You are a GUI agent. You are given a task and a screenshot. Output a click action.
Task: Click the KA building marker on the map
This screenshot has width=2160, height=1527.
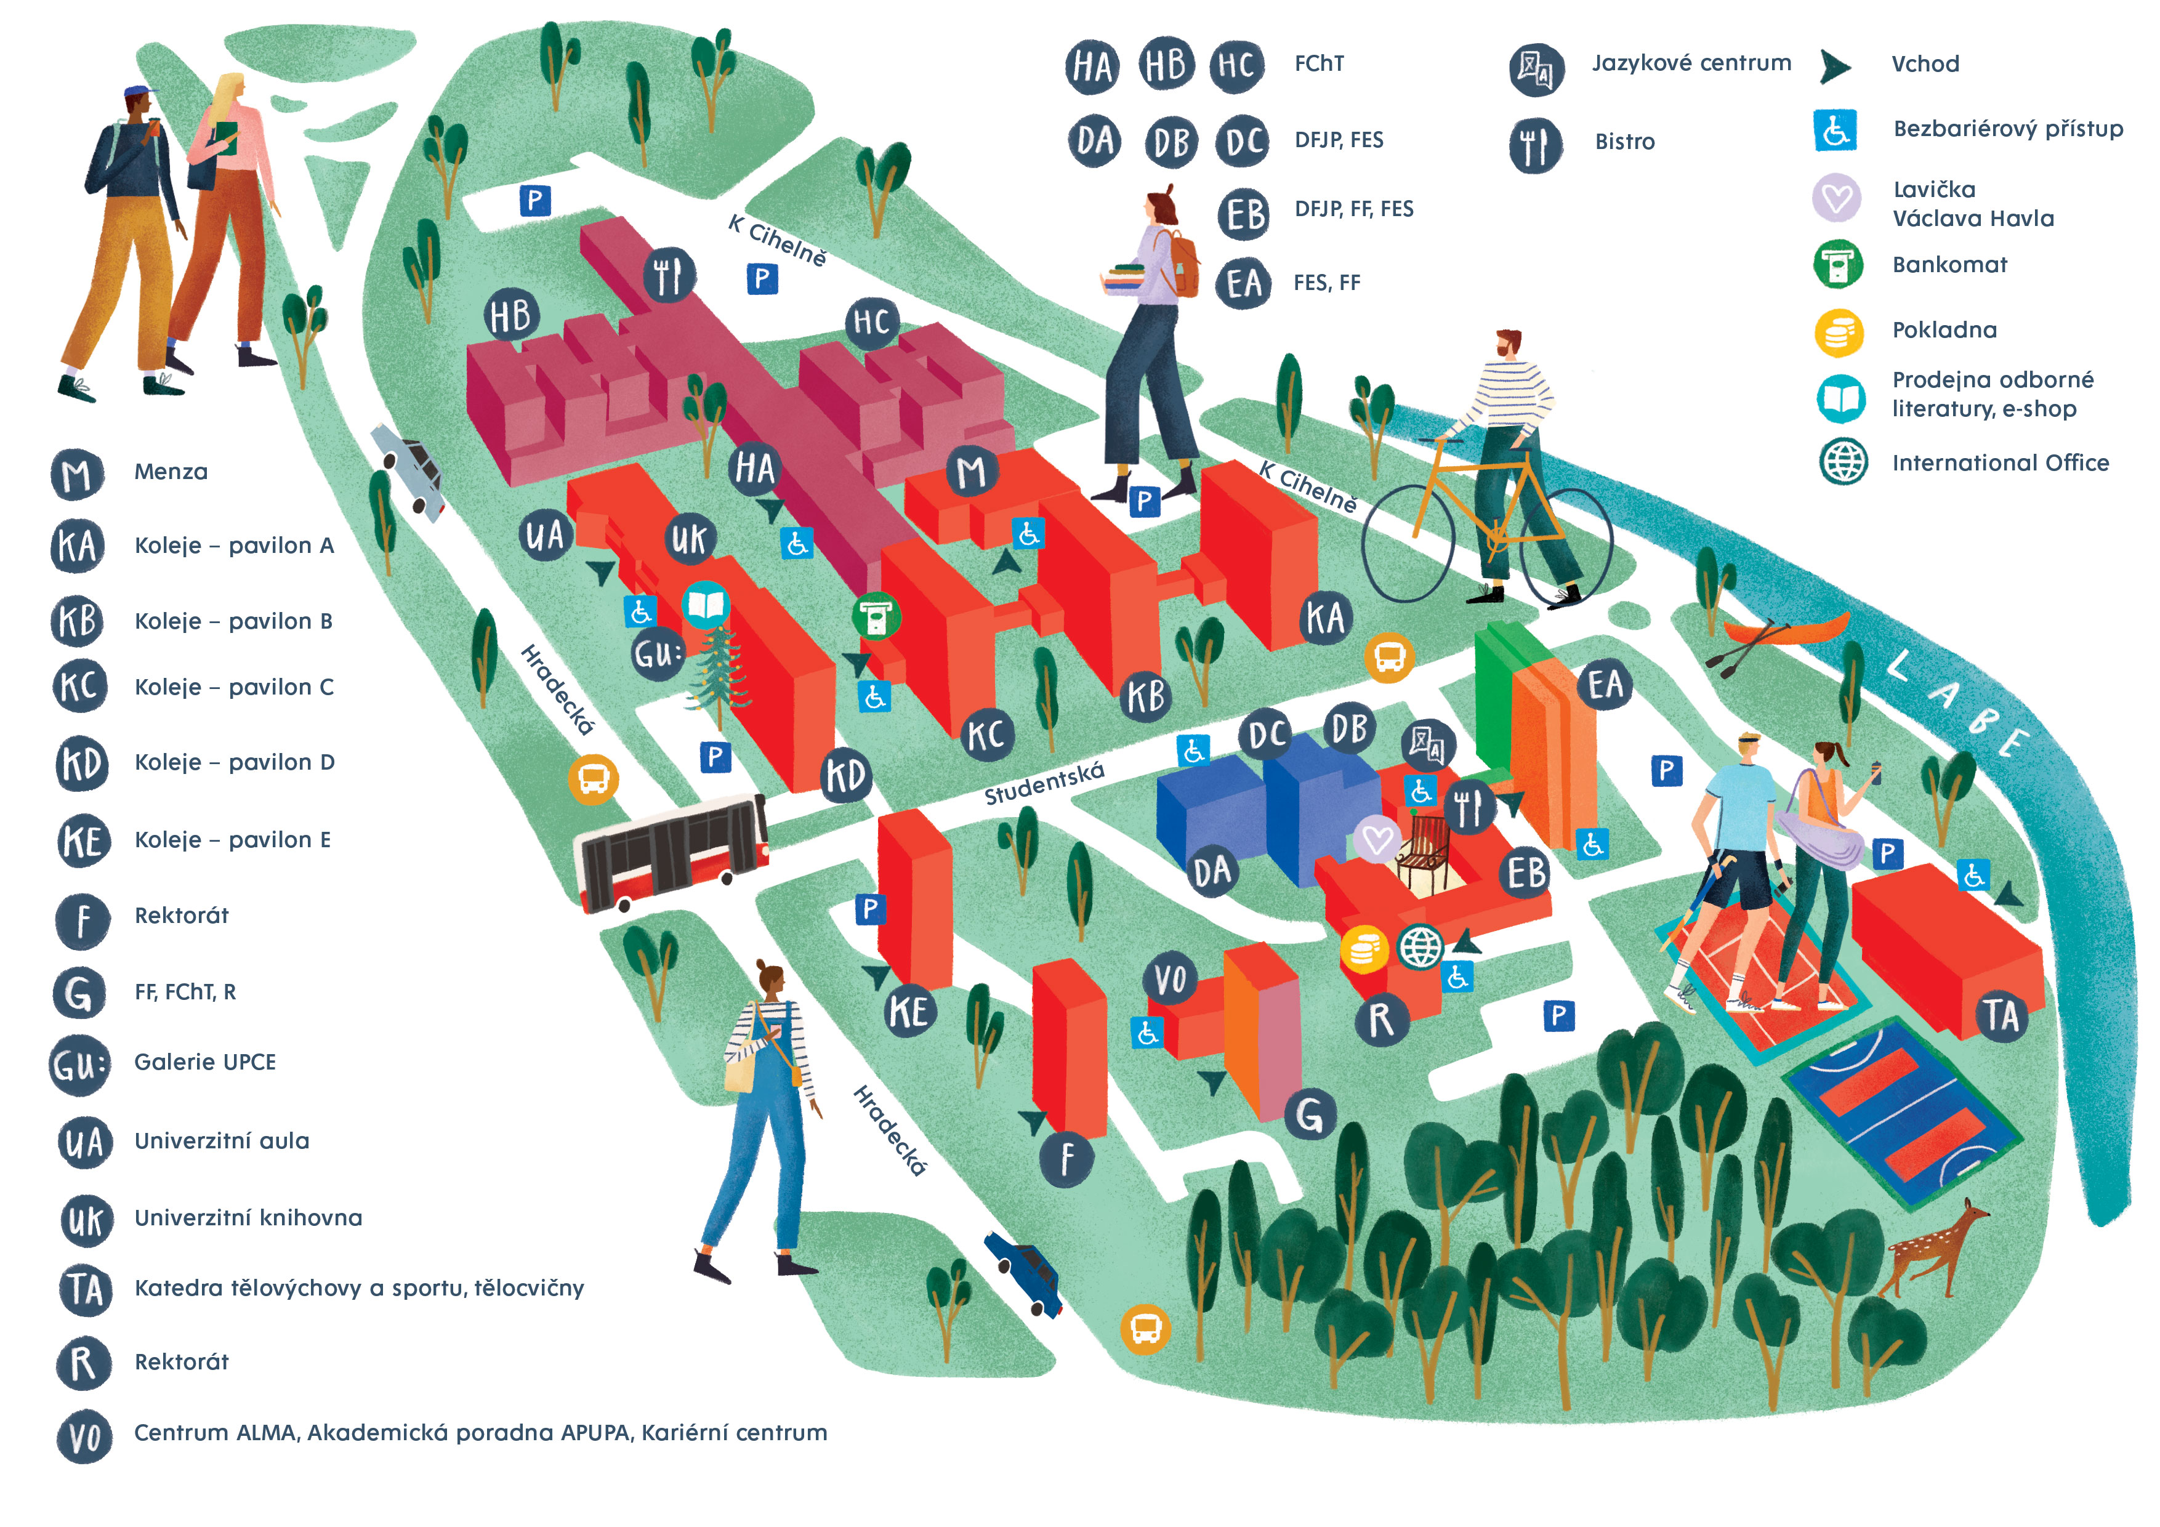point(1326,619)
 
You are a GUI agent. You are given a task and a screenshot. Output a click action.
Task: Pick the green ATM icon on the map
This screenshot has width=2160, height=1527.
point(877,616)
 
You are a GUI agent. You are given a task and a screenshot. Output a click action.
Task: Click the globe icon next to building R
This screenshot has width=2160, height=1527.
point(1420,946)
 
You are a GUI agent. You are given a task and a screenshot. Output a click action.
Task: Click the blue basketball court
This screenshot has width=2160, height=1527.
point(1900,1115)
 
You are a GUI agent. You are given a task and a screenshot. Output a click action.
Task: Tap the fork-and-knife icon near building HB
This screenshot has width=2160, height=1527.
point(669,276)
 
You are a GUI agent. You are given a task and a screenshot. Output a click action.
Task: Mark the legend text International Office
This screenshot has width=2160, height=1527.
point(2000,463)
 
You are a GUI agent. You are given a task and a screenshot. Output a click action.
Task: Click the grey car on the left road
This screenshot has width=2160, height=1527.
point(410,470)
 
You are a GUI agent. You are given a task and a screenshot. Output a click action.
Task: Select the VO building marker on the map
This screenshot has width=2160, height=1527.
point(1169,980)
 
